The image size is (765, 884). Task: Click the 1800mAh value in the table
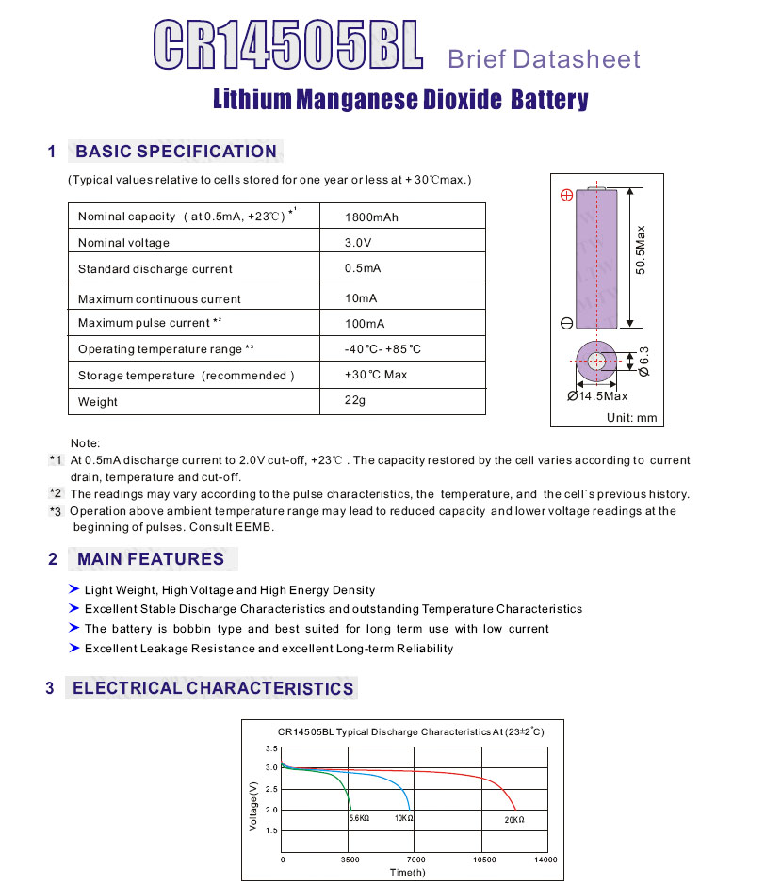371,217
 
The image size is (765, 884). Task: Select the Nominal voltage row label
123,243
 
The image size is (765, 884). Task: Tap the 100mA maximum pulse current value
365,324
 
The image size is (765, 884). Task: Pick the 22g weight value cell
355,401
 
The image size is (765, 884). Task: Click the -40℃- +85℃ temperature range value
382,349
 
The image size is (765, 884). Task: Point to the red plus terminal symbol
566,195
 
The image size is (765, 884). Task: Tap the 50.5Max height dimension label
641,249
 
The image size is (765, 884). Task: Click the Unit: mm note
631,418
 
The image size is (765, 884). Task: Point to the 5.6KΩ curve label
359,819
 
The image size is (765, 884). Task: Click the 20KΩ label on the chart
514,820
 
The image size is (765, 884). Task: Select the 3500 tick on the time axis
350,860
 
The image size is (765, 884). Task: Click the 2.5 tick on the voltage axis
271,789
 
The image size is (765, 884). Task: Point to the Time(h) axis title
408,872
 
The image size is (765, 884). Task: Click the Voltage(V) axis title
252,805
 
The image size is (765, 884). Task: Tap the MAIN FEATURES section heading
151,559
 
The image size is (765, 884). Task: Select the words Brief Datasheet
544,59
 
